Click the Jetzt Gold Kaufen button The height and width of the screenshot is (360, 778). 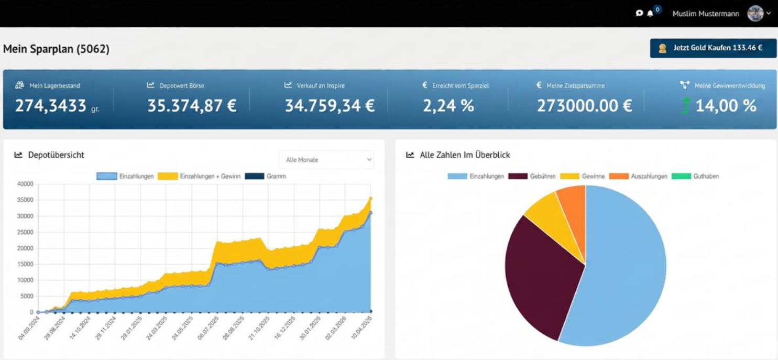[713, 48]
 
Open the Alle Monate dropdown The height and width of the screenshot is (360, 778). [326, 160]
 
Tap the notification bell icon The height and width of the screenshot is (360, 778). [650, 14]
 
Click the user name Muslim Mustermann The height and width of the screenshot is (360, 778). [705, 14]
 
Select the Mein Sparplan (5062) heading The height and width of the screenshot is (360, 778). [56, 49]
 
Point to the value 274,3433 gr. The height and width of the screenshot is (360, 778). [56, 106]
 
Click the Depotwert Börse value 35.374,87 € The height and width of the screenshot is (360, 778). [192, 106]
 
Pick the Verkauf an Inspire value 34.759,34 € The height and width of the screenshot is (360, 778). [330, 106]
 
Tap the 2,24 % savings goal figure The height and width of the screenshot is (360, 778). [448, 106]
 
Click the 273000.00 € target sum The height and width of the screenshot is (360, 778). [584, 106]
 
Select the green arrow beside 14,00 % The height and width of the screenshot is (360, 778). [685, 106]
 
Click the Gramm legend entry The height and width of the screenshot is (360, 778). [267, 177]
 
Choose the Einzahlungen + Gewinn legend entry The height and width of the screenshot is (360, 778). [199, 177]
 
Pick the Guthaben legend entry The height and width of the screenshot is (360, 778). [696, 177]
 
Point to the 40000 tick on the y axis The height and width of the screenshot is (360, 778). [25, 184]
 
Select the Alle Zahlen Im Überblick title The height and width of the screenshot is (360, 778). [465, 155]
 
